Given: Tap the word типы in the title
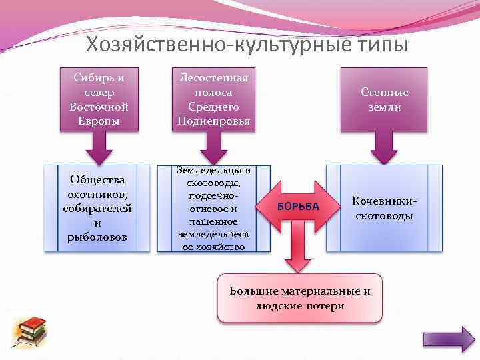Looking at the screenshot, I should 373,45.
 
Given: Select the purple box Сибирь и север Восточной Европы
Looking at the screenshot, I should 99,99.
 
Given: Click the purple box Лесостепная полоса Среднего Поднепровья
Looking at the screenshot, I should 213,99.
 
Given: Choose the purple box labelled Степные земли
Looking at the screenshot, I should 384,99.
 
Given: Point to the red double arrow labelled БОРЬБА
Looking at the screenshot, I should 298,207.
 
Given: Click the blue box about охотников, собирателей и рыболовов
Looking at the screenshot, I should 98,208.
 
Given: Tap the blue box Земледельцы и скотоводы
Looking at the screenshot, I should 213,208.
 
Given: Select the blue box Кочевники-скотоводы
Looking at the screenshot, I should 384,208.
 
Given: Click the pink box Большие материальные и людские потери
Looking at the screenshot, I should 300,298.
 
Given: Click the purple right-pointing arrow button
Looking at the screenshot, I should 448,339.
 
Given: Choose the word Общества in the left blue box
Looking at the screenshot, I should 98,179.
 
